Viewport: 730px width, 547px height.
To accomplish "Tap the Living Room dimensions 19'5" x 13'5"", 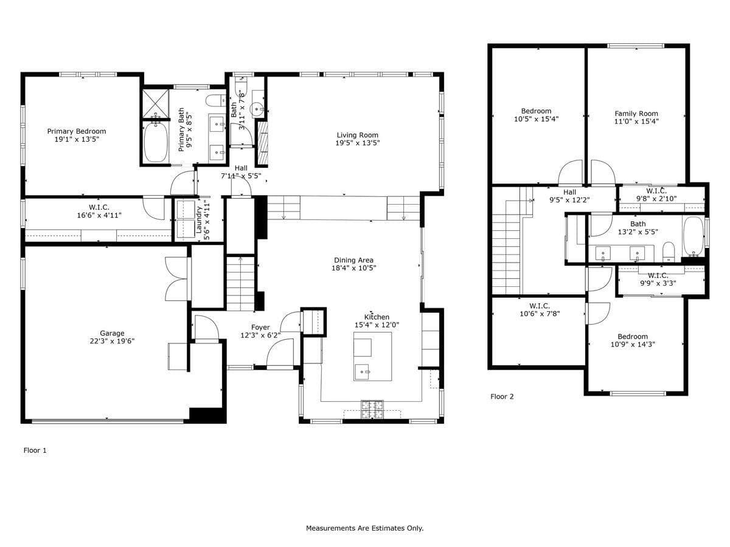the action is pyautogui.click(x=358, y=143).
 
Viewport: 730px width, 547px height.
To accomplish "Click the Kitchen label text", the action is pyautogui.click(x=377, y=317).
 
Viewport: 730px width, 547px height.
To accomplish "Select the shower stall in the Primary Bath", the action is pyautogui.click(x=156, y=103).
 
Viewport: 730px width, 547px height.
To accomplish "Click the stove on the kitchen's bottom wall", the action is pyautogui.click(x=372, y=410).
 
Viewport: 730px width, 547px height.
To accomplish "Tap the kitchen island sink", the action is pyautogui.click(x=363, y=372).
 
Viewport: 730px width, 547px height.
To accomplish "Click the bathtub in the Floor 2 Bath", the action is pyautogui.click(x=693, y=237).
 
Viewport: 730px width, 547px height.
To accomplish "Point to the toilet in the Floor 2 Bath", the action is pyautogui.click(x=669, y=252).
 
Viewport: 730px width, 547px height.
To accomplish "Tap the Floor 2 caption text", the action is pyautogui.click(x=502, y=396).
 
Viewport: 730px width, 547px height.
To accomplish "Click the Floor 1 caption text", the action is pyautogui.click(x=35, y=450).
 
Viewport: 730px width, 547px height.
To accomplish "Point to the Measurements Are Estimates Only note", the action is pyautogui.click(x=364, y=528).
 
